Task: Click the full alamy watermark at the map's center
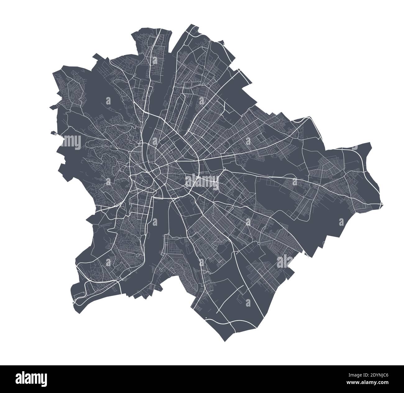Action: click(202, 180)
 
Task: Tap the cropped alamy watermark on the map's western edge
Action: click(71, 141)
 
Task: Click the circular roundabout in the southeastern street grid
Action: click(259, 243)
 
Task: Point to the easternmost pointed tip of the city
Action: click(383, 205)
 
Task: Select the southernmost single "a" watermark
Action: click(248, 302)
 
